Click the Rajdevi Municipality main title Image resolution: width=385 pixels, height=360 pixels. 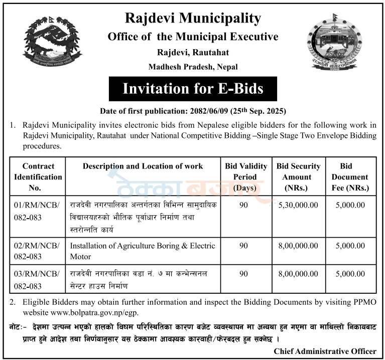click(x=193, y=19)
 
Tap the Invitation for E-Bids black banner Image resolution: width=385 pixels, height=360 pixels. click(x=193, y=89)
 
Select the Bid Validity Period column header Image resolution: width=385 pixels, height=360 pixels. click(x=244, y=177)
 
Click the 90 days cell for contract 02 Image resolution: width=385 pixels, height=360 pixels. click(x=244, y=246)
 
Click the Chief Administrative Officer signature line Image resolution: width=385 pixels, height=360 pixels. click(x=325, y=351)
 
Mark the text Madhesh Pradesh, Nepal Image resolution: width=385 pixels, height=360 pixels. click(x=193, y=67)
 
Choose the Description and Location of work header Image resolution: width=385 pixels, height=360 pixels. click(x=143, y=166)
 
